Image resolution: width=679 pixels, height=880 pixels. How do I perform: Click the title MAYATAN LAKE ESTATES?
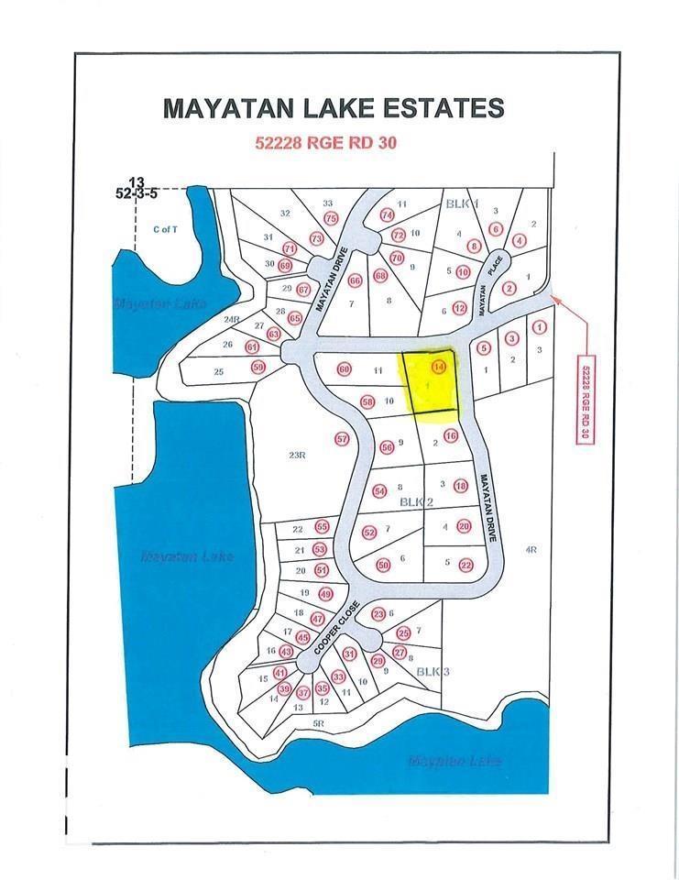(x=334, y=108)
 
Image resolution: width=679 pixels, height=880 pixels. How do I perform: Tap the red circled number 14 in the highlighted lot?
(x=440, y=368)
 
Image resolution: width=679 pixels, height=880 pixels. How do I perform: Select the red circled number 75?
(x=332, y=218)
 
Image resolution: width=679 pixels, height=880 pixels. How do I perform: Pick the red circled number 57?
(x=343, y=439)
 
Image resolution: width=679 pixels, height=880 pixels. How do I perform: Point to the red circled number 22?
(x=465, y=566)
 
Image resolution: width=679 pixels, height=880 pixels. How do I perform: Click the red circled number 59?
(x=258, y=368)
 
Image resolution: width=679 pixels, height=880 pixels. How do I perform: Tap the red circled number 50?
(x=384, y=565)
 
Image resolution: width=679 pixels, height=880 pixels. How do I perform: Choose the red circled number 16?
(x=450, y=436)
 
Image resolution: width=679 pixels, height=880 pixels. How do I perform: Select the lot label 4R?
(x=530, y=550)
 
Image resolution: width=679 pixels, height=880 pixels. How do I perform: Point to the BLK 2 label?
(x=414, y=502)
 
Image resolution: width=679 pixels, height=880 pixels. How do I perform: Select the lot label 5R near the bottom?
(x=319, y=723)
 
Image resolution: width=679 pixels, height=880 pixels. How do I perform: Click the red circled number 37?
(x=303, y=693)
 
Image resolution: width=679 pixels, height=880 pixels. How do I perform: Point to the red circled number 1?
(x=540, y=326)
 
